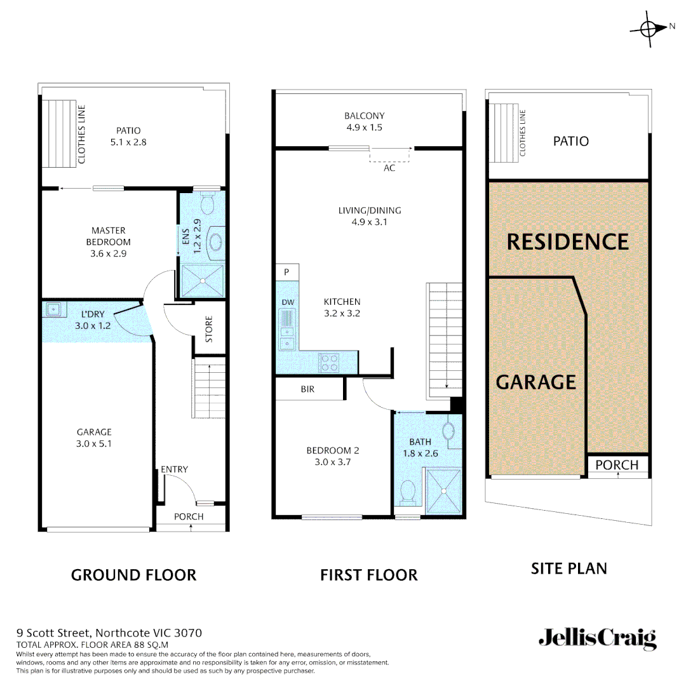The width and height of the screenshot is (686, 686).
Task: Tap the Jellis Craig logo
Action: click(597, 638)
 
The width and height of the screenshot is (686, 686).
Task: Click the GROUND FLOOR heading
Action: click(133, 575)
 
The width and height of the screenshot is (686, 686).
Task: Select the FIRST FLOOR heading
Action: click(368, 575)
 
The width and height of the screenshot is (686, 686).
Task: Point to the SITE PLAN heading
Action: click(568, 568)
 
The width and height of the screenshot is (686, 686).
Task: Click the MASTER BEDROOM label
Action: click(108, 236)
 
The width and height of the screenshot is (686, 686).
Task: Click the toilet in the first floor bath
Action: click(407, 491)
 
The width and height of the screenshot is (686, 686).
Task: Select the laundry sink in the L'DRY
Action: click(54, 309)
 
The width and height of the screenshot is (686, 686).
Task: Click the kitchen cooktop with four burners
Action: click(329, 362)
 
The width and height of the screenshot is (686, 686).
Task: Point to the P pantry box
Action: click(287, 272)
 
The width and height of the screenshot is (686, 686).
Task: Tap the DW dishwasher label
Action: click(287, 302)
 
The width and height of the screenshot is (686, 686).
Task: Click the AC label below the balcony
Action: click(389, 168)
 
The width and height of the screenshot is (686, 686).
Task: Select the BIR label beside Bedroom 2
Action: click(307, 389)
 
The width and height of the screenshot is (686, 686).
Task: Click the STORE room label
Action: click(209, 330)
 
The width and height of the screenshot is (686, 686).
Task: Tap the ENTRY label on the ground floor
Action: click(174, 469)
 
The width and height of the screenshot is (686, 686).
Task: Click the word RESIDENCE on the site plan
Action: click(568, 242)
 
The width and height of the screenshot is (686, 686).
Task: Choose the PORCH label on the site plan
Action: click(617, 465)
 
